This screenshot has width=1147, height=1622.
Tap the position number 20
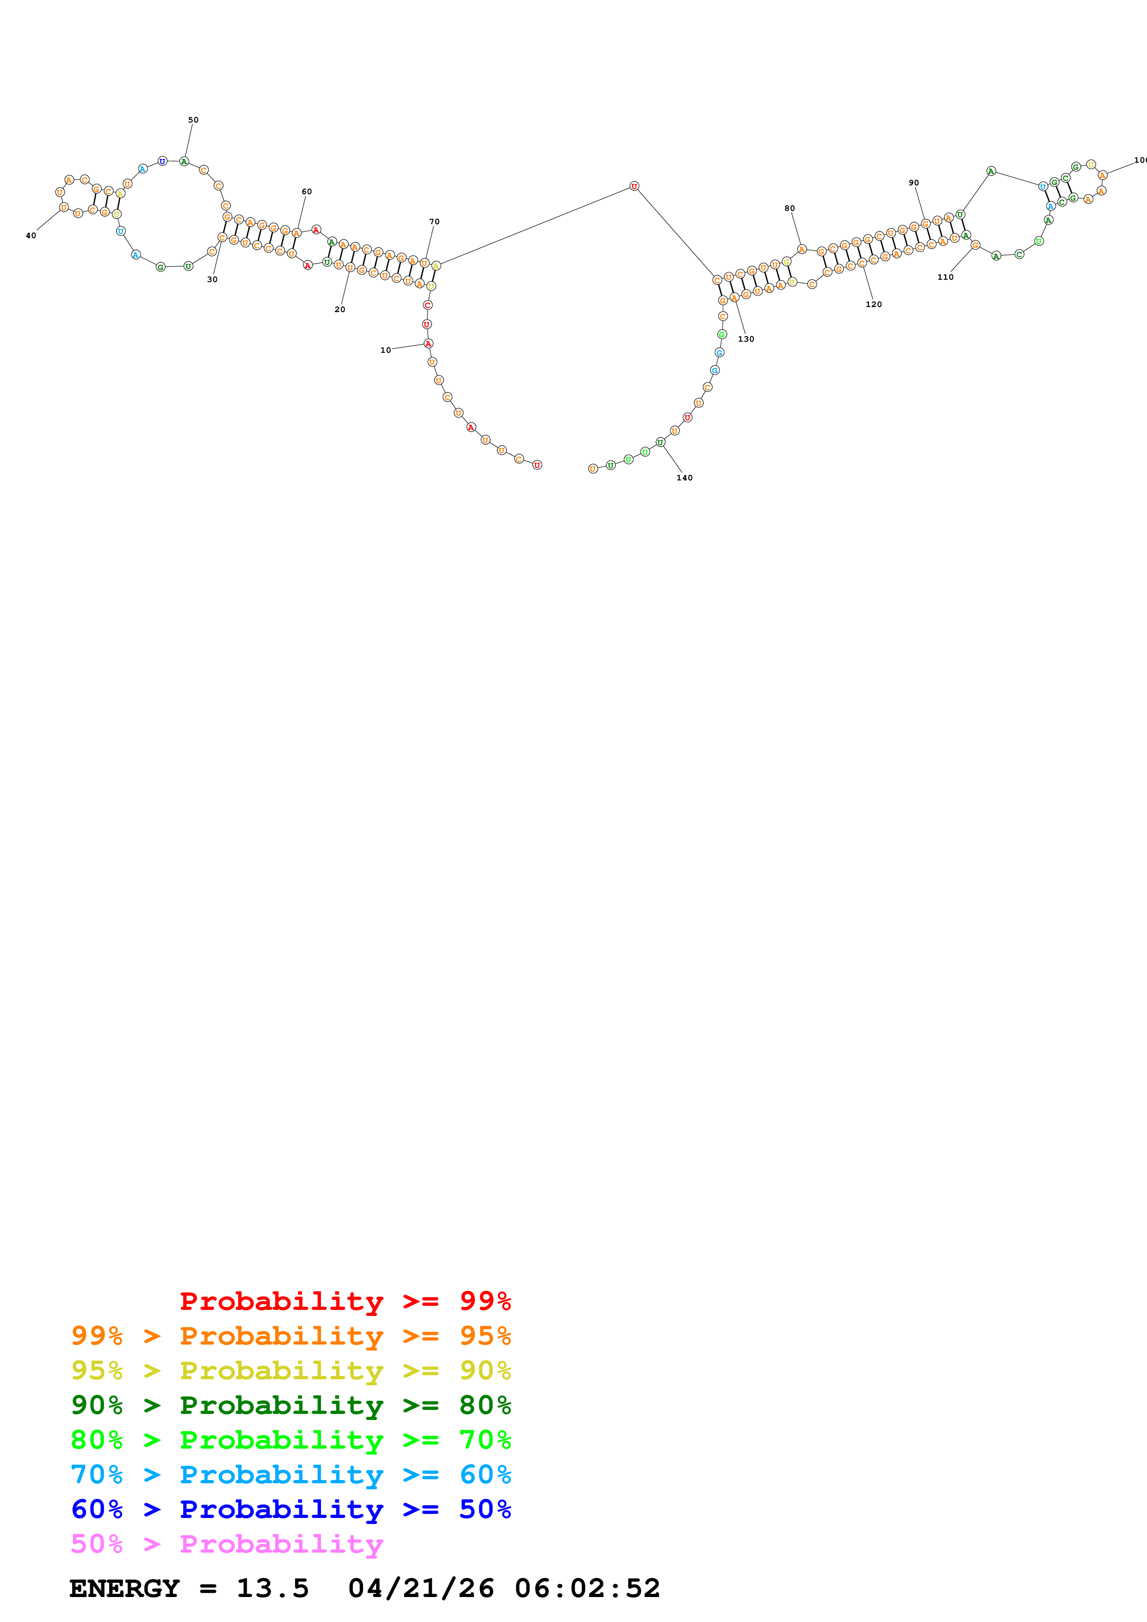(340, 309)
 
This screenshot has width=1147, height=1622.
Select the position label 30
(212, 280)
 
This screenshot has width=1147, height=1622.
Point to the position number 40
(31, 236)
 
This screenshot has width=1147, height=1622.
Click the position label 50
(193, 120)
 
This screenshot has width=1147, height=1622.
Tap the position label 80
(789, 209)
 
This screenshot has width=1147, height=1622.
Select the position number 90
(914, 183)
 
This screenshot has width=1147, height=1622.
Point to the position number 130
(745, 339)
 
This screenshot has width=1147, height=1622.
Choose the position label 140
(684, 478)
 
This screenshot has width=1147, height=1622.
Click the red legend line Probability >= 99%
(345, 1301)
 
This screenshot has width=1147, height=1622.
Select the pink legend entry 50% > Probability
(227, 1544)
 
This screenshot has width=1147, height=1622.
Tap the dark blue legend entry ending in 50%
(291, 1510)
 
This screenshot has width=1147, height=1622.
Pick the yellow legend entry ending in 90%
(291, 1370)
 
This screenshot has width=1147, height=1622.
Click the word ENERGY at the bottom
(124, 1589)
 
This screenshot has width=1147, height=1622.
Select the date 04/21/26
(421, 1589)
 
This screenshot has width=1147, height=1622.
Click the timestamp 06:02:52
(587, 1589)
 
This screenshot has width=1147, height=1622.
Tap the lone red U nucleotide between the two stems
(634, 186)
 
